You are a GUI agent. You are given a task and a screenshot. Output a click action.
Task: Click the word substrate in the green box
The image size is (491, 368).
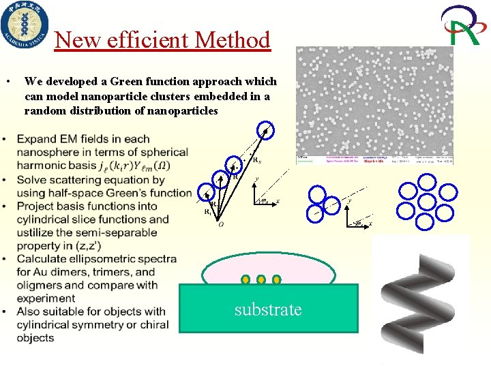pyautogui.click(x=268, y=309)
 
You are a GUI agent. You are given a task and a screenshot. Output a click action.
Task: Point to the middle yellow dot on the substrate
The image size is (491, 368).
pyautogui.click(x=261, y=279)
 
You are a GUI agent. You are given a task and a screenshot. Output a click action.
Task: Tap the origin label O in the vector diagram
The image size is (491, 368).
pyautogui.click(x=221, y=224)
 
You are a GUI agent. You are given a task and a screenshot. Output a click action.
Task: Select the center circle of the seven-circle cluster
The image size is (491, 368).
pyautogui.click(x=426, y=202)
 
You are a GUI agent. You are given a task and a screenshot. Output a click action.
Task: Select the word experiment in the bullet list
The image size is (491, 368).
pyautogui.click(x=46, y=298)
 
